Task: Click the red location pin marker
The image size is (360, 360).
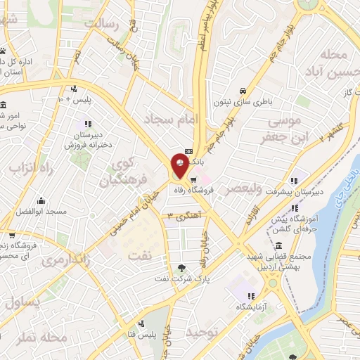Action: click(x=179, y=164)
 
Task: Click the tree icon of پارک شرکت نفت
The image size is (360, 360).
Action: click(x=183, y=267)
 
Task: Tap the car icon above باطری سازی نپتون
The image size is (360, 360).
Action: click(x=242, y=91)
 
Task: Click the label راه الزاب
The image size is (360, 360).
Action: click(x=32, y=168)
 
